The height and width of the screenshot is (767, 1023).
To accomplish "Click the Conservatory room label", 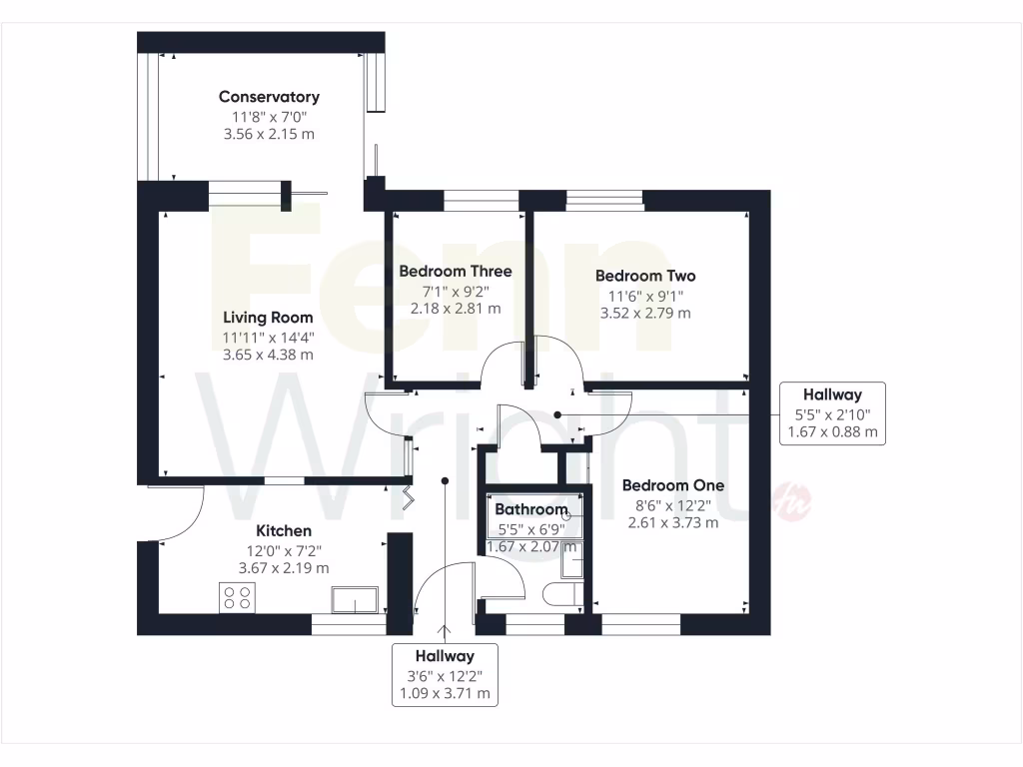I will click(x=269, y=97).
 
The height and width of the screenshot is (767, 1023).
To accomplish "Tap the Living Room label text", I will click(x=269, y=318).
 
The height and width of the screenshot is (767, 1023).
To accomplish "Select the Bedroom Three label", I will click(x=456, y=272).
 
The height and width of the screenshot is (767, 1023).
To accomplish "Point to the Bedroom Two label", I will click(x=645, y=276).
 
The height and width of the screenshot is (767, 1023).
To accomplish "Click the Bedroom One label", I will click(x=673, y=485).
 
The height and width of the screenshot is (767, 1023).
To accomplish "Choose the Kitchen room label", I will click(x=284, y=531).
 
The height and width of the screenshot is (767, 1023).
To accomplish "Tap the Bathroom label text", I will click(x=531, y=509).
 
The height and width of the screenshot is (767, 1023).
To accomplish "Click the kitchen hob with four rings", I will click(x=238, y=598).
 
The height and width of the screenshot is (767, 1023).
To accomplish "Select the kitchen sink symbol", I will click(x=354, y=599).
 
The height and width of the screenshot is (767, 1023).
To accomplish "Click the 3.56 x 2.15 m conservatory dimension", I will click(x=269, y=134).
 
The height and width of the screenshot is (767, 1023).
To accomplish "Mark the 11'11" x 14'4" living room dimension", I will click(x=269, y=337).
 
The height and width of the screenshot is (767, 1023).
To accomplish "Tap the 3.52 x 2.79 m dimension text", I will click(x=645, y=313).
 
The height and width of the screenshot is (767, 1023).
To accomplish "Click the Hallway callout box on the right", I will click(x=832, y=413).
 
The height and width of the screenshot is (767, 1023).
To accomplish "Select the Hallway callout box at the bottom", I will click(x=445, y=674).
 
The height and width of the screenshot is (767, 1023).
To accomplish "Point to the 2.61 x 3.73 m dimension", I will click(x=673, y=522).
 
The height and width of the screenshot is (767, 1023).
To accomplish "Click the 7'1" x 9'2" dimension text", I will click(x=456, y=291).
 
